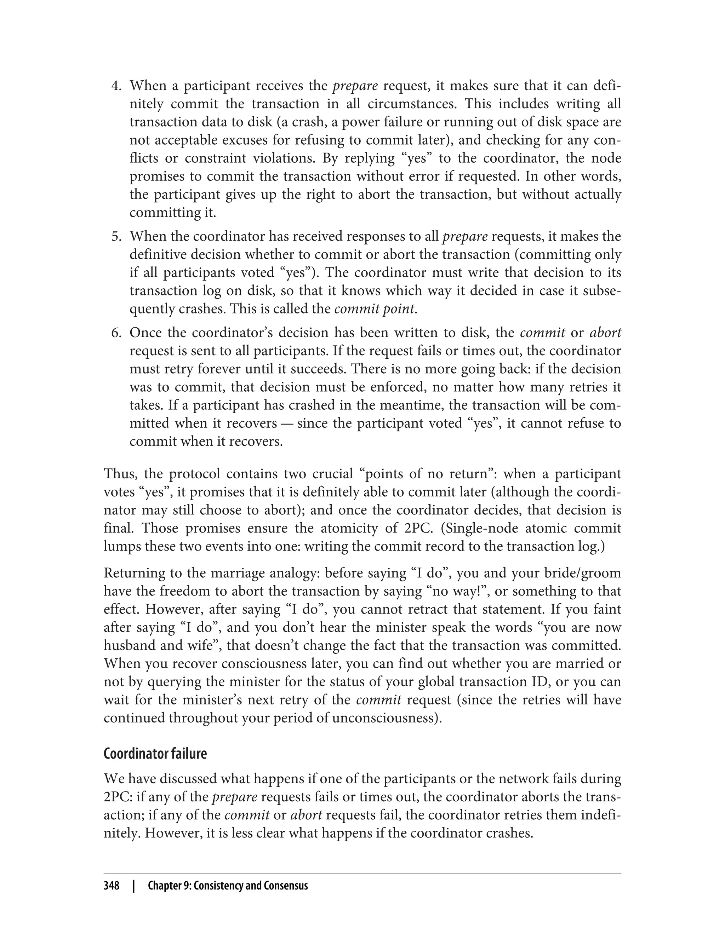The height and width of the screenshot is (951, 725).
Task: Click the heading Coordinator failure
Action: [155, 754]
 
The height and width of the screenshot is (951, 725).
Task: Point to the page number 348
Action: [112, 886]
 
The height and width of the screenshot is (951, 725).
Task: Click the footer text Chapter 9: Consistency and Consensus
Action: [227, 886]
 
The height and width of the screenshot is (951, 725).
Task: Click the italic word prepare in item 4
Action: [355, 86]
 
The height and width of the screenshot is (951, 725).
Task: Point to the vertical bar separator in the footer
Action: [134, 886]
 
